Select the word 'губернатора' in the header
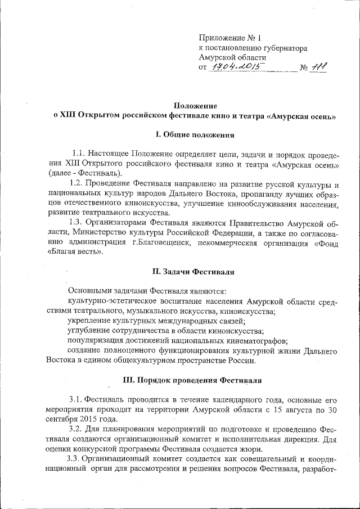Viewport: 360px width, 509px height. [278, 48]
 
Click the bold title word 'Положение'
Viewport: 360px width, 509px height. [195, 105]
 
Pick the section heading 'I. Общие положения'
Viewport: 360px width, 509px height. [194, 135]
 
